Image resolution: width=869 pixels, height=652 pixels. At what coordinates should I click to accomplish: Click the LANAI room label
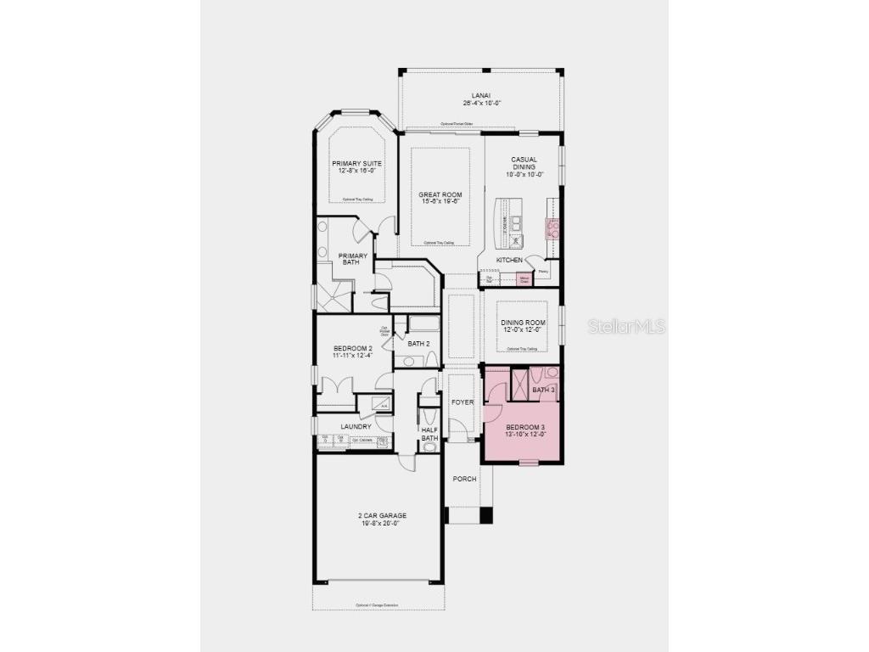pyautogui.click(x=481, y=95)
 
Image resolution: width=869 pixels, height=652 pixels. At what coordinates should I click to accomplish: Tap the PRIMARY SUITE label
pyautogui.click(x=356, y=163)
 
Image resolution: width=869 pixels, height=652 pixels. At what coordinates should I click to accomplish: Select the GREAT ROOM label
pyautogui.click(x=440, y=194)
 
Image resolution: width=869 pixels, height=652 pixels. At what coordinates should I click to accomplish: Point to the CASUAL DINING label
pyautogui.click(x=524, y=163)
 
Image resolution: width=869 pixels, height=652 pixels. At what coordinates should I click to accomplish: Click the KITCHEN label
pyautogui.click(x=509, y=260)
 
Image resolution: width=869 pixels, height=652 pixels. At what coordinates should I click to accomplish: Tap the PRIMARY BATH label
pyautogui.click(x=353, y=259)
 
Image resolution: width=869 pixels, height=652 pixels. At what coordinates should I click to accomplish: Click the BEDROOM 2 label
pyautogui.click(x=353, y=348)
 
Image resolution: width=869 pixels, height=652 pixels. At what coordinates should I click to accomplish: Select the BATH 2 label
pyautogui.click(x=418, y=344)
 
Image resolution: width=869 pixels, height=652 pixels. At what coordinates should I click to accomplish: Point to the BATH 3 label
pyautogui.click(x=543, y=390)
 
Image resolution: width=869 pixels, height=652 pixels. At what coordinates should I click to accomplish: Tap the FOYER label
pyautogui.click(x=462, y=402)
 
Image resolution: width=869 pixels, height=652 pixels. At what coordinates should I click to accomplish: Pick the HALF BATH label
pyautogui.click(x=429, y=434)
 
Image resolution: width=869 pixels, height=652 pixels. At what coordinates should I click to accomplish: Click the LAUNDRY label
pyautogui.click(x=356, y=426)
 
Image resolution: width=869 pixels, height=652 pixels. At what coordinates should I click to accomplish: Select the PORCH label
pyautogui.click(x=464, y=479)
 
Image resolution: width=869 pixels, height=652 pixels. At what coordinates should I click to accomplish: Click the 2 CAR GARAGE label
pyautogui.click(x=380, y=515)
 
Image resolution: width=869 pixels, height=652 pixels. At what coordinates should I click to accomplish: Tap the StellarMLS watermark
pyautogui.click(x=626, y=326)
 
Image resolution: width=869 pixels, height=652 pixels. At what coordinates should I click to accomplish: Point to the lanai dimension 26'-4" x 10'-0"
pyautogui.click(x=482, y=104)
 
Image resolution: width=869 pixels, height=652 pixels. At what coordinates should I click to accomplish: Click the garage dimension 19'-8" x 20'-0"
pyautogui.click(x=380, y=523)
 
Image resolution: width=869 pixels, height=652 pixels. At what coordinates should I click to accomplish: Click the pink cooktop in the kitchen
pyautogui.click(x=552, y=227)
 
